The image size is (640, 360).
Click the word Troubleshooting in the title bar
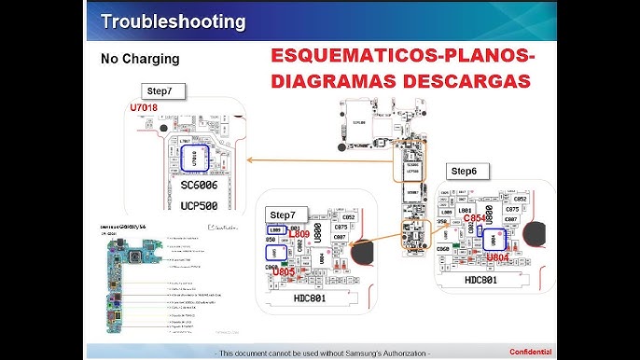[x=173, y=21]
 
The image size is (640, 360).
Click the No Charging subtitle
[x=140, y=59]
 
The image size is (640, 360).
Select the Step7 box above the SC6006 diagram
[x=166, y=91]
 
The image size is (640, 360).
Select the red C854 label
[x=477, y=218]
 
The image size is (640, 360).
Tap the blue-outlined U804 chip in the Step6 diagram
[x=492, y=238]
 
